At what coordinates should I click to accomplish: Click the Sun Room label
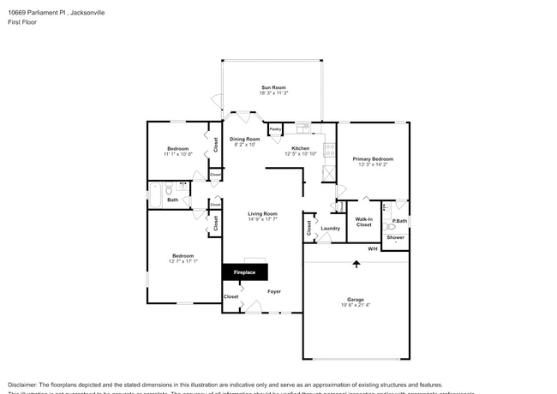(272, 87)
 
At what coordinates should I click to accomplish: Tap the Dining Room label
(244, 139)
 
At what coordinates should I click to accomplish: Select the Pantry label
(275, 131)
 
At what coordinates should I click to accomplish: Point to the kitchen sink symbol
(302, 128)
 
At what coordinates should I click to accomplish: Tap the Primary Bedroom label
(373, 159)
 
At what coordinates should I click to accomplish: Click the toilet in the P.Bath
(386, 207)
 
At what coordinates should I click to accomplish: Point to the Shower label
(395, 237)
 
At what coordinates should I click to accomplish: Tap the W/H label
(373, 249)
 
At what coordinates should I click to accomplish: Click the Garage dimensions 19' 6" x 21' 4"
(354, 307)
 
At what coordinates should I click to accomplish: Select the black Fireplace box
(245, 272)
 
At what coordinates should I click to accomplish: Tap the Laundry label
(331, 229)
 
